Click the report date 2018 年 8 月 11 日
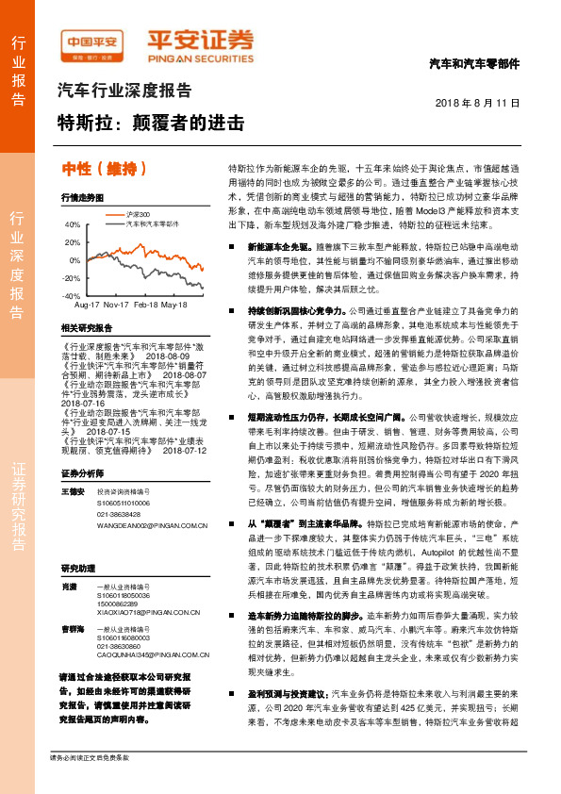(x=477, y=101)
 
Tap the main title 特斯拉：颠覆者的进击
(x=152, y=124)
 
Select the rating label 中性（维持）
(x=105, y=169)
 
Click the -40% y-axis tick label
(x=73, y=295)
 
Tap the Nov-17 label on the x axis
(x=117, y=306)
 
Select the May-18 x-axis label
(x=174, y=306)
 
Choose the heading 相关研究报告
(x=86, y=327)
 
